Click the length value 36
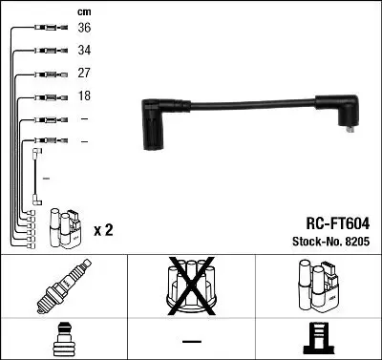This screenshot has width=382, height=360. pyautogui.click(x=84, y=29)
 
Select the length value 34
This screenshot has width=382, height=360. pyautogui.click(x=84, y=51)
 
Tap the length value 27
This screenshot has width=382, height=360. pyautogui.click(x=84, y=73)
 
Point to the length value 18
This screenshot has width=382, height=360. pyautogui.click(x=84, y=95)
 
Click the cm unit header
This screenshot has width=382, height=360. pyautogui.click(x=84, y=11)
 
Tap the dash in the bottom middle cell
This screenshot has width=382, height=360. pyautogui.click(x=191, y=341)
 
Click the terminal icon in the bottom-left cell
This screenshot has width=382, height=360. pyautogui.click(x=64, y=340)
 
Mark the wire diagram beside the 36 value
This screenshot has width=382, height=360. pyautogui.click(x=47, y=29)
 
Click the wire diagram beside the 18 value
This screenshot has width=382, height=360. pyautogui.click(x=47, y=96)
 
